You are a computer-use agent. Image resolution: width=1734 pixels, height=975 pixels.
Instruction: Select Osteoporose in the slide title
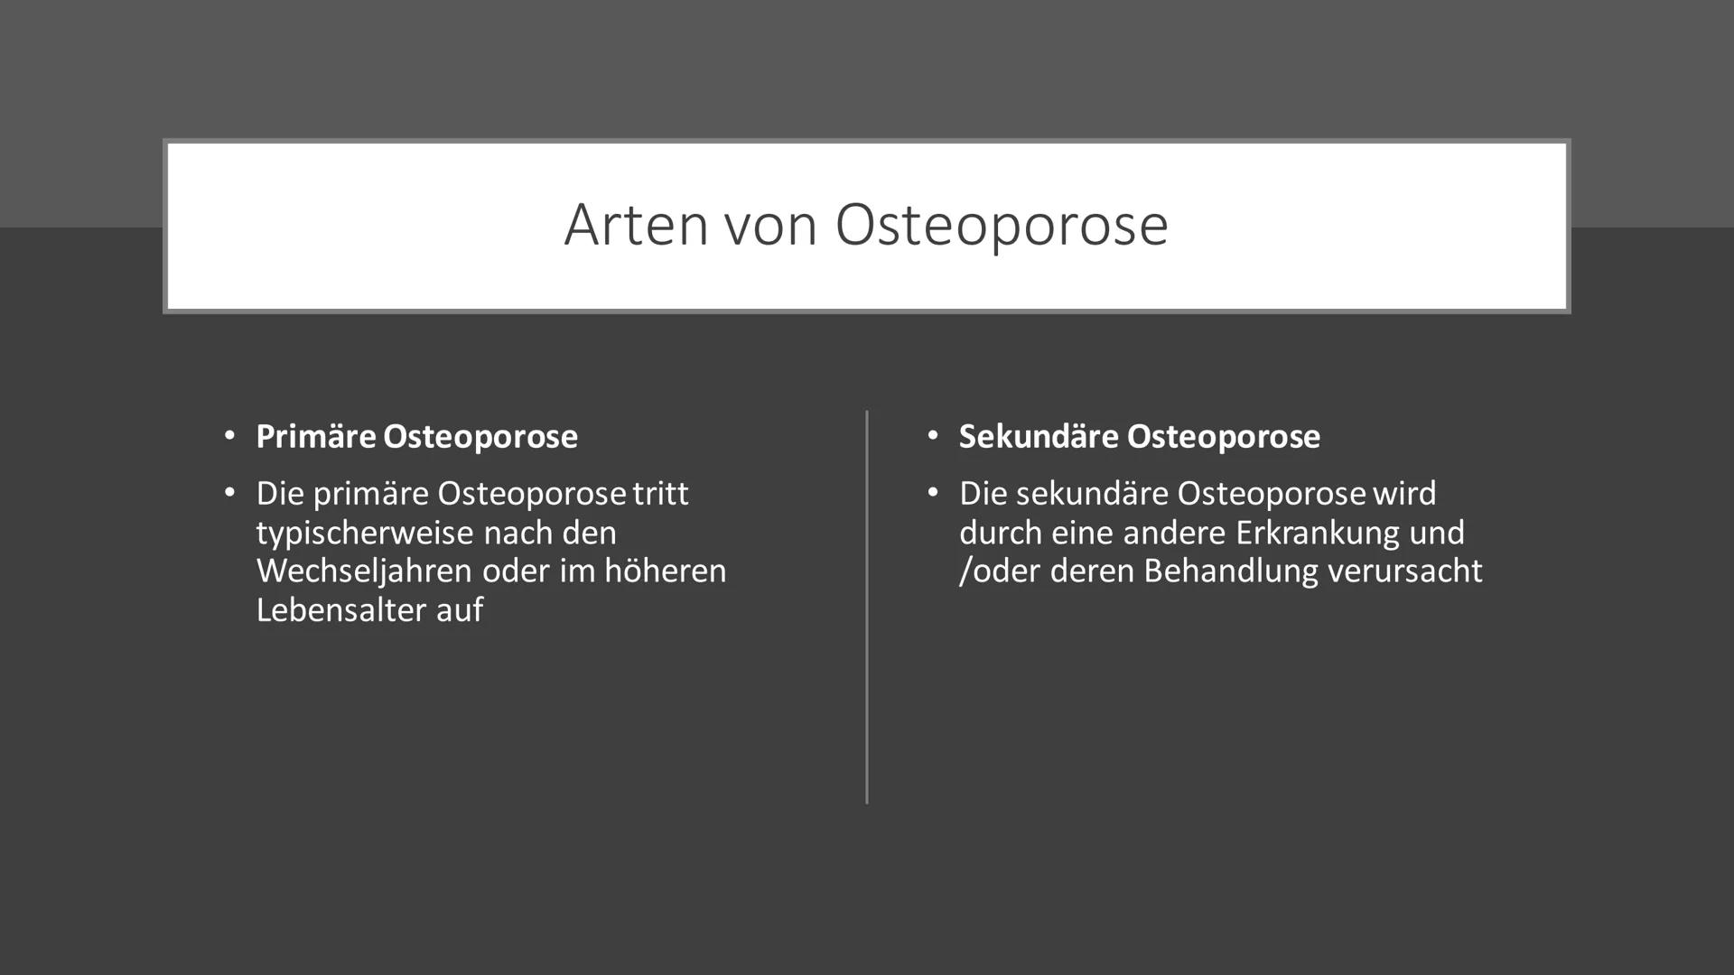[x=1002, y=225]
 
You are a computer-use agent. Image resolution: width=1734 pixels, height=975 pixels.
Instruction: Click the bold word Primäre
[x=316, y=437]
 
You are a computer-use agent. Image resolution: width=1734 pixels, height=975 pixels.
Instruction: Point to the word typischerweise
[x=364, y=533]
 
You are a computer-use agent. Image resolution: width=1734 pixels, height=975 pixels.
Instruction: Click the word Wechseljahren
[x=364, y=571]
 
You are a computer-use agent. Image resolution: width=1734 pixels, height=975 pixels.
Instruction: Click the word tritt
[x=661, y=494]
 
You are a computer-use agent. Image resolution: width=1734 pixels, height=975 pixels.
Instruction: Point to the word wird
[x=1404, y=494]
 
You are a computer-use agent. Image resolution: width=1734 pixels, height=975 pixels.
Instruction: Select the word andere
[x=1174, y=533]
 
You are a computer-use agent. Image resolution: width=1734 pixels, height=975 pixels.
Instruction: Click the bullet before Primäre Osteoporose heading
[x=229, y=436]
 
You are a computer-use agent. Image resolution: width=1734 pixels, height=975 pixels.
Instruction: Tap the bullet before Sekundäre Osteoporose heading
[x=933, y=436]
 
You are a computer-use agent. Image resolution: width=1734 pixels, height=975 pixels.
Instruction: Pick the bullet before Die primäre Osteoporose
[x=229, y=493]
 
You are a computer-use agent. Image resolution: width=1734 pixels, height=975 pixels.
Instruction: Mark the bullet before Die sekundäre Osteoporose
[x=933, y=493]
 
